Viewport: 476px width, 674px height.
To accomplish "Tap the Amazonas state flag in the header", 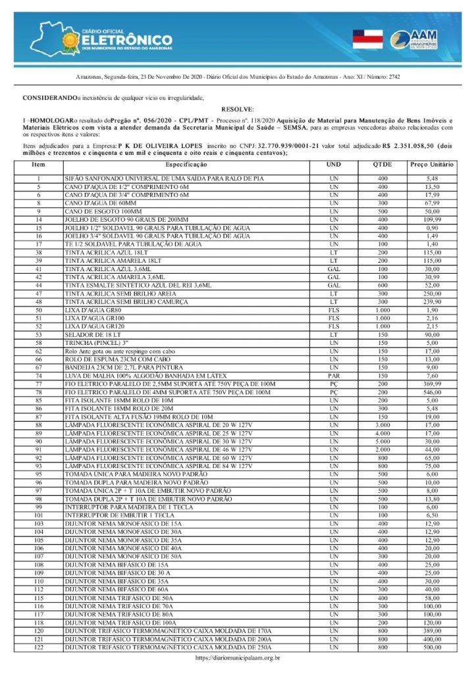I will [x=367, y=39].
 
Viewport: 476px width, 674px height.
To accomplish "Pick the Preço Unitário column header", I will [x=432, y=163].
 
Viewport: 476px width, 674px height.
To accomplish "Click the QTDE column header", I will [x=383, y=163].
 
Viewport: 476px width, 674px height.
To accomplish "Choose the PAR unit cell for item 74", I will [x=334, y=375].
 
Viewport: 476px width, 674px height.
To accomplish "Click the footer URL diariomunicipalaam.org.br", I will [x=238, y=658].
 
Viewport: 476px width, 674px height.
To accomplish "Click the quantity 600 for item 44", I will [x=383, y=285].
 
